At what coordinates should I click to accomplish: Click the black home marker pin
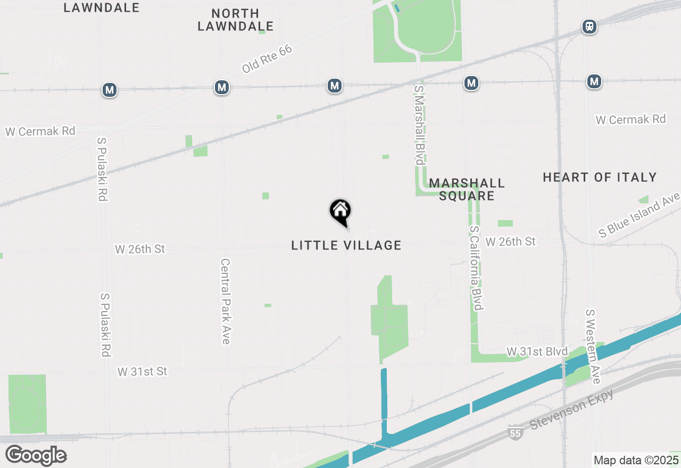tap(340, 212)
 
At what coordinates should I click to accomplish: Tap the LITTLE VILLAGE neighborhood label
tap(346, 245)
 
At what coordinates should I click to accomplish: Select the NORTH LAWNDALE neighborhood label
tap(236, 20)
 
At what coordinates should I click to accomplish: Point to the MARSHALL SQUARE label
tap(467, 189)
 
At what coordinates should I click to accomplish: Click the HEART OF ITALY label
tap(600, 177)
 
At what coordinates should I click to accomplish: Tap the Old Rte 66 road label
tap(267, 59)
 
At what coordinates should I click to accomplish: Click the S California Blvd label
tap(476, 268)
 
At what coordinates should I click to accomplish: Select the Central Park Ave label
tap(225, 301)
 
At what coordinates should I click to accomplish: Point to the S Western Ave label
tap(592, 346)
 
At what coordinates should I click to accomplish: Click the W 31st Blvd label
tap(537, 352)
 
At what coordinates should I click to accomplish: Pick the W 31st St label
tap(143, 371)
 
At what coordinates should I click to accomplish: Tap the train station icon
tap(589, 27)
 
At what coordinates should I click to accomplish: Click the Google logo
tap(36, 455)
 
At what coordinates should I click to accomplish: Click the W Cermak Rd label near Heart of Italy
tap(630, 120)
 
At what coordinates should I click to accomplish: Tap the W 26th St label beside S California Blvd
tap(511, 241)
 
